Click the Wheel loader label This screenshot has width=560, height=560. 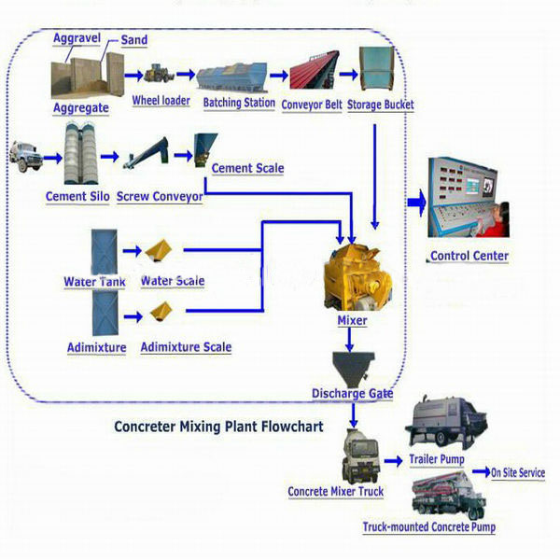point(161,101)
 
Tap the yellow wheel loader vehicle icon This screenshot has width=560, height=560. point(159,74)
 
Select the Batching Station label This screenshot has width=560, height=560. point(239,103)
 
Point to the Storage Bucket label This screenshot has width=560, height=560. point(381,105)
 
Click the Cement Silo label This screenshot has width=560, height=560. point(77,197)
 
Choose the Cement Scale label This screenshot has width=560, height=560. point(247,169)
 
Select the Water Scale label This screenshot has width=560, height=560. point(173,281)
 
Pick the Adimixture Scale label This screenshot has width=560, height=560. point(186,347)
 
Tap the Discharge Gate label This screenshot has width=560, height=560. point(353,394)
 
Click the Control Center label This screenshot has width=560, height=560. point(469,256)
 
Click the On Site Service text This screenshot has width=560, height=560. point(518,473)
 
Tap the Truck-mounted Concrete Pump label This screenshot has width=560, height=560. point(428,527)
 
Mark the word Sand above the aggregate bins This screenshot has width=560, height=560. point(134,41)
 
